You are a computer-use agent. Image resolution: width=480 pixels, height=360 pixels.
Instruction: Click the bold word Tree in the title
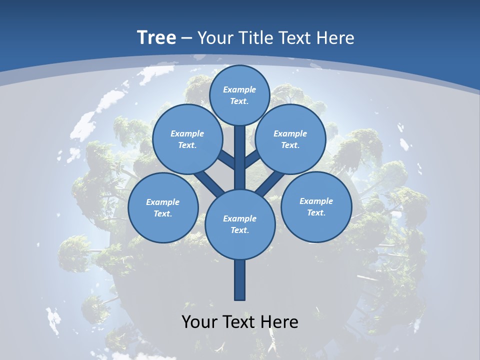coord(156,38)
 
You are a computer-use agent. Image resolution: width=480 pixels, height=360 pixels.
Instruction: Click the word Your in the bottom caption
coord(199,322)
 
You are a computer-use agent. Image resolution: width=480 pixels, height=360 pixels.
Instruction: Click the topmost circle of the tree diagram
coord(239,95)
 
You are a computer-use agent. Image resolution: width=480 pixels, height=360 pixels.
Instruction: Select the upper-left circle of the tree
coord(187,139)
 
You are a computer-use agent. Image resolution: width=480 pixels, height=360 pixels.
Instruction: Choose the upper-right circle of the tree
coord(290,139)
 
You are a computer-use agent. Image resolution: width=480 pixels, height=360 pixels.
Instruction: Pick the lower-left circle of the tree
coord(163,207)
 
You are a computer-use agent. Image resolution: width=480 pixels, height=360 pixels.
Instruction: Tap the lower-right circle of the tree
coord(316,206)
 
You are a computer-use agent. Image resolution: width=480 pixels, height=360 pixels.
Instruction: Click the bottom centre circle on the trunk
coord(239,224)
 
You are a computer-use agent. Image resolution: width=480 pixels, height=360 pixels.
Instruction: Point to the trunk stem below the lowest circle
coord(239,280)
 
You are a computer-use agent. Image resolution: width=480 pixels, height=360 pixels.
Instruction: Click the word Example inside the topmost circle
coord(239,89)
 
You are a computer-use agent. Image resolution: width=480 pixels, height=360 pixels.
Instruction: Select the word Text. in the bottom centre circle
coord(239,230)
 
